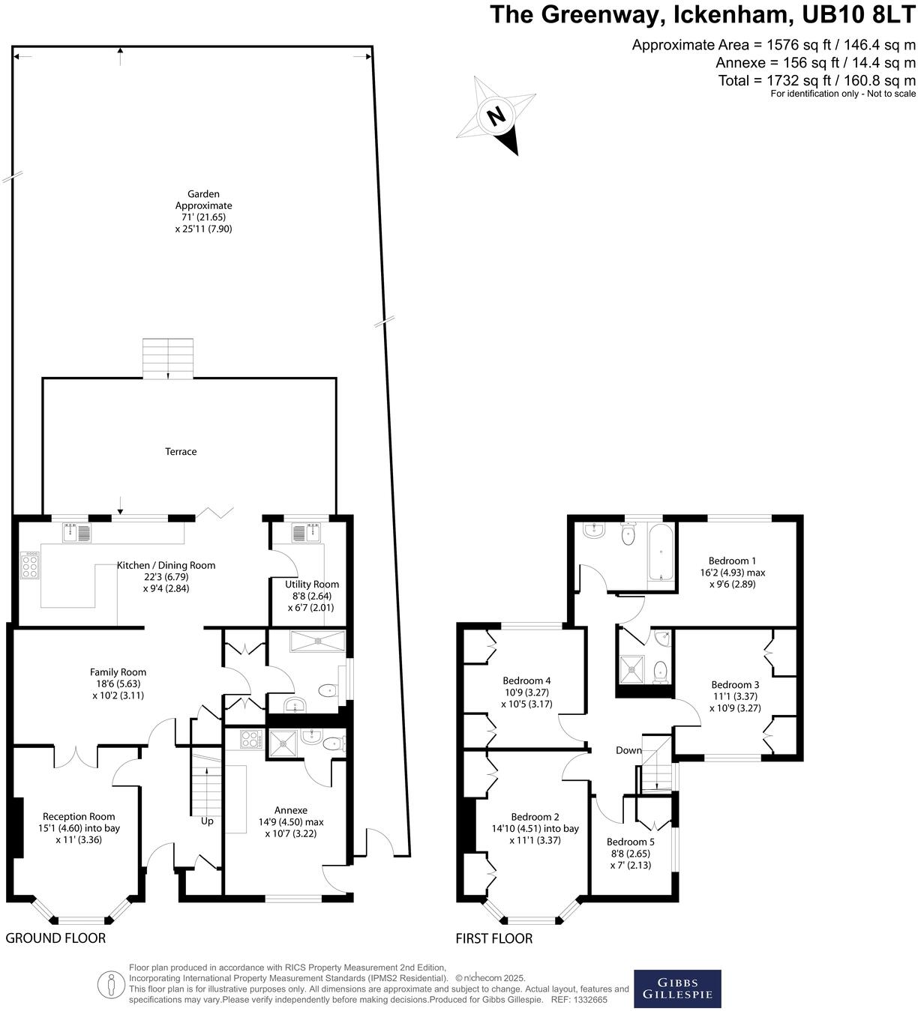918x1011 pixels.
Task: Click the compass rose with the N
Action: coord(496,116)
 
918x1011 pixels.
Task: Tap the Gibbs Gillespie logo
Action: coord(677,989)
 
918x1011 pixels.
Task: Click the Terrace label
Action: coord(181,452)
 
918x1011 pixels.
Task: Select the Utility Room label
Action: coord(312,585)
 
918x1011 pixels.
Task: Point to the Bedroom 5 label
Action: coord(630,842)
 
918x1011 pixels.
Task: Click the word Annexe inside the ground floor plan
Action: coord(291,810)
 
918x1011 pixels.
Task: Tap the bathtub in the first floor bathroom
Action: coord(660,555)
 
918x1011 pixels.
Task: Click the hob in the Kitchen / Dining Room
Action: coord(31,566)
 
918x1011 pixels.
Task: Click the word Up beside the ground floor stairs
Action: coord(207,821)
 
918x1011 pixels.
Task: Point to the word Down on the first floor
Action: coord(628,750)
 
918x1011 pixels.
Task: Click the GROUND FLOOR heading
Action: coord(55,938)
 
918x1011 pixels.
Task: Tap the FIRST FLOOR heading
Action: coord(494,938)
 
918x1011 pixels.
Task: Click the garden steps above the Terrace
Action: coord(168,358)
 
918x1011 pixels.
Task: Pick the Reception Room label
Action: coord(79,817)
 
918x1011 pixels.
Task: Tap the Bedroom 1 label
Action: coord(732,561)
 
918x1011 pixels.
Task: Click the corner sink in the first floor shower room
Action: coord(663,639)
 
